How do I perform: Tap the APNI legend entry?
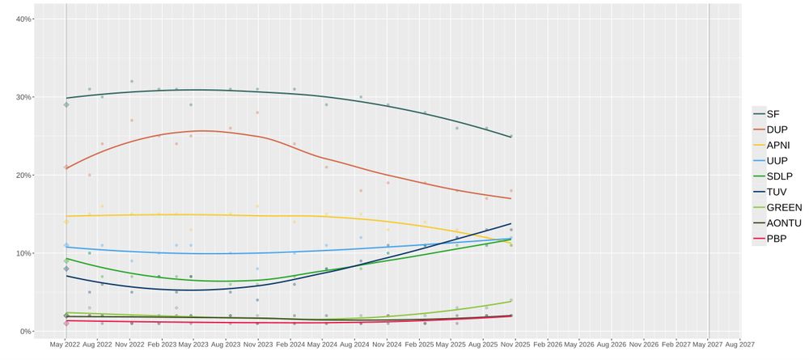tap(777, 146)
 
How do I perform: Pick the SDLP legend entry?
tap(777, 176)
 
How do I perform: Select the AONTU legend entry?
tap(777, 223)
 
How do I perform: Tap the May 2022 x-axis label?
tap(66, 345)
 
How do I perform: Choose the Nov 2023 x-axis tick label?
tap(258, 345)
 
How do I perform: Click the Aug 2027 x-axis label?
tap(740, 345)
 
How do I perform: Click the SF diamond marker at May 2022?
tap(66, 104)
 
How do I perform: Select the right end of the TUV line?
tap(511, 223)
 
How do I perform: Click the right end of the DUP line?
tap(511, 198)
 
